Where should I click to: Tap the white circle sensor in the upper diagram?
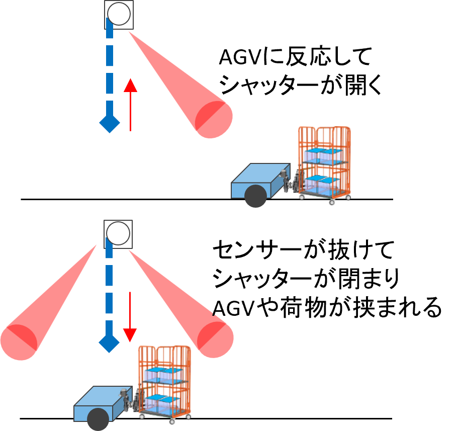point(119,14)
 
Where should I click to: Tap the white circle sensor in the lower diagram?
point(119,233)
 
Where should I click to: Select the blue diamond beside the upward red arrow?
point(110,123)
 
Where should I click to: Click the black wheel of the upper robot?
point(256,196)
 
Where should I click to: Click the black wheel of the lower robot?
point(98,419)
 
